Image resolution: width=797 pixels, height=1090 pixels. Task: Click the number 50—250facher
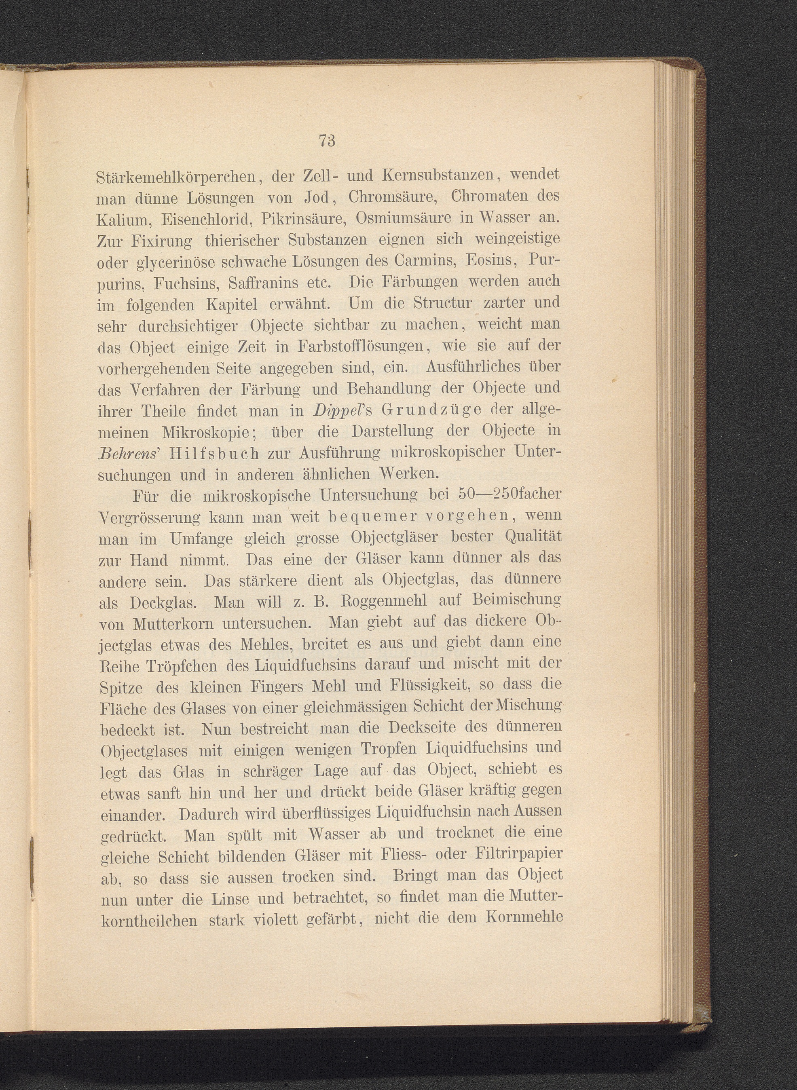click(509, 495)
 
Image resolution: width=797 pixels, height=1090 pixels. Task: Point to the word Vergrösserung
click(150, 518)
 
